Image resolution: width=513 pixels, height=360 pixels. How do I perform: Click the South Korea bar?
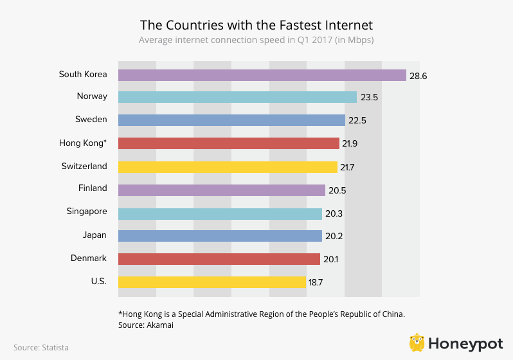point(262,75)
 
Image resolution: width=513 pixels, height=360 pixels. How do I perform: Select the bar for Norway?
point(237,97)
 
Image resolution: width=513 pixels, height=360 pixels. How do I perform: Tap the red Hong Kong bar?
point(229,143)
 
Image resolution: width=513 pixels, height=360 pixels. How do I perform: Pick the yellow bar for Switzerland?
point(228,167)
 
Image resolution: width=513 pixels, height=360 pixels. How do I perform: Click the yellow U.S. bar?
point(212,282)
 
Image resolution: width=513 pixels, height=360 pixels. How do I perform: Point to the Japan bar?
point(220,236)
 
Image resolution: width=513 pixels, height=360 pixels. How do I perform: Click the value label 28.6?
point(418,76)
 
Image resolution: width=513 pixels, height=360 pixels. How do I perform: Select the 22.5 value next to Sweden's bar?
point(357,120)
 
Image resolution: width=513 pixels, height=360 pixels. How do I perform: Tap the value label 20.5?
point(337,190)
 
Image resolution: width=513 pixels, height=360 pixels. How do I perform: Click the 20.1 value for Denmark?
point(332,259)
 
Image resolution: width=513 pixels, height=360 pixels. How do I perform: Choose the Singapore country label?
point(87,212)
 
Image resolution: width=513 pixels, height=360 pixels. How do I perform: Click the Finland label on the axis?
point(92,188)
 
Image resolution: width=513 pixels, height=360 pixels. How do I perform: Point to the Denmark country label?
point(89,258)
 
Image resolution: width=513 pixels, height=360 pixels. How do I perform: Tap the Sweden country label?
point(91,120)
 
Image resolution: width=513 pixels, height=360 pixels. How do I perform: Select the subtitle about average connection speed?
point(256,40)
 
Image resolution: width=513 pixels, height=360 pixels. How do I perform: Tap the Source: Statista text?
point(41,348)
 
